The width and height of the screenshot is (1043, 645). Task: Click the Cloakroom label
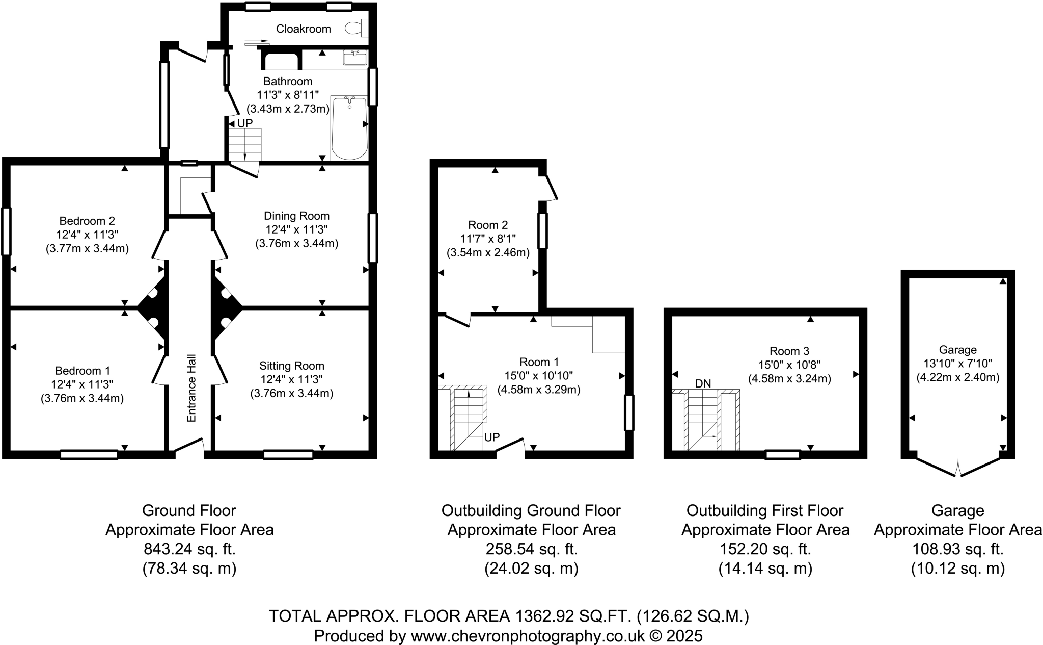point(303,29)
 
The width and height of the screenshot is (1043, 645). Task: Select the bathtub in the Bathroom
point(349,127)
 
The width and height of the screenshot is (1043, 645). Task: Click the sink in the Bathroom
point(354,58)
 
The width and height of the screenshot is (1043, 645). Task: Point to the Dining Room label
point(296,216)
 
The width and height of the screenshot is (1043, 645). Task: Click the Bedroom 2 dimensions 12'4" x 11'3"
point(87,235)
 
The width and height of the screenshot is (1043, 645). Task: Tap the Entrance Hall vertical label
point(191,388)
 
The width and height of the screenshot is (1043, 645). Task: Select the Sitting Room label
point(291,366)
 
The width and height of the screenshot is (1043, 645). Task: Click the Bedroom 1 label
point(83,371)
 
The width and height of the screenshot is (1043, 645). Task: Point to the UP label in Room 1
point(492,437)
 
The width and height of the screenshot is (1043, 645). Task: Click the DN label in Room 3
point(703,383)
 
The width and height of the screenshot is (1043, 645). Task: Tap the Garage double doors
point(957,468)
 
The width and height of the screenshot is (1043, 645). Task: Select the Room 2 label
point(488,225)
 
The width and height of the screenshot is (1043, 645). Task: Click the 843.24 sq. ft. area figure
point(189,549)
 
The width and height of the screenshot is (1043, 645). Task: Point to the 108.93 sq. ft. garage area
point(957,549)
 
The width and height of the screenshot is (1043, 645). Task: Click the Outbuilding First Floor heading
point(765,510)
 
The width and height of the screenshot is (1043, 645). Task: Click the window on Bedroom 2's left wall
point(6,231)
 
